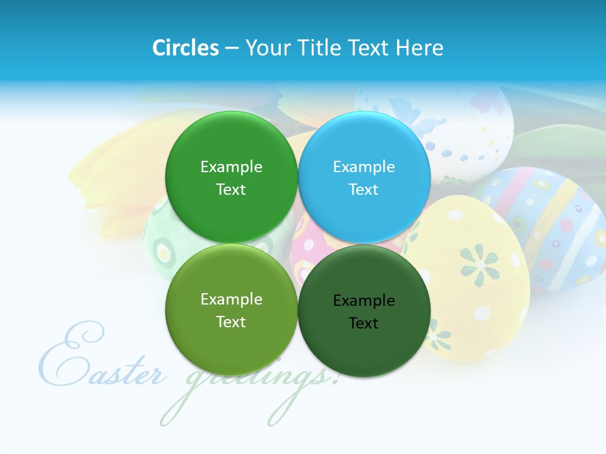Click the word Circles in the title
click(x=186, y=48)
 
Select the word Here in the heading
click(x=419, y=48)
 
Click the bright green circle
click(x=231, y=145)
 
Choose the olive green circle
click(x=231, y=340)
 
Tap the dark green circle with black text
click(x=364, y=347)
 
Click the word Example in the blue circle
click(x=364, y=166)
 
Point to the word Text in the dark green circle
click(x=364, y=323)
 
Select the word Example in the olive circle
click(x=231, y=299)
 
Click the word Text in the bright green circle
click(x=231, y=190)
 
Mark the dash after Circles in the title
click(x=232, y=49)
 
